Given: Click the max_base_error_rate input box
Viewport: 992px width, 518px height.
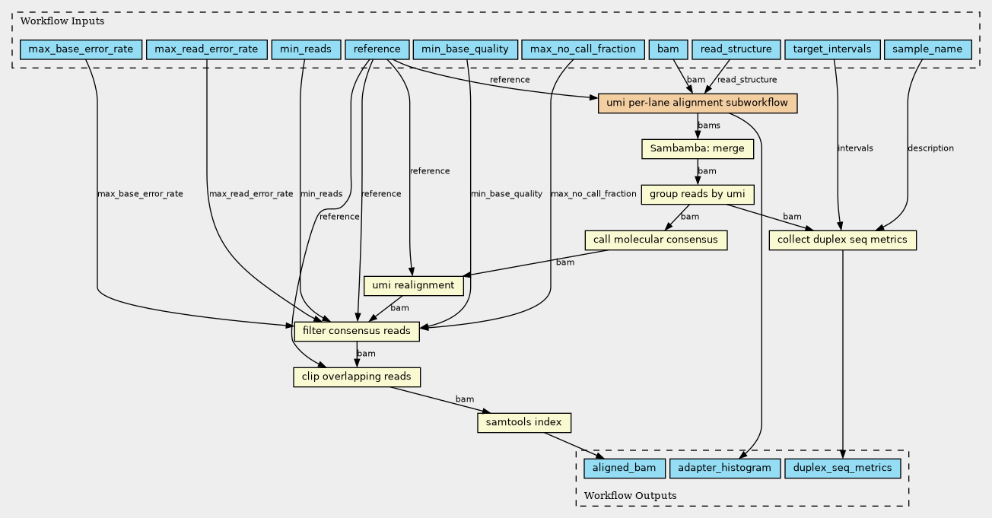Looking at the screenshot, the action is tap(81, 49).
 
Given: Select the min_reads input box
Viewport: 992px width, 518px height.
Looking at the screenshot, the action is tap(306, 49).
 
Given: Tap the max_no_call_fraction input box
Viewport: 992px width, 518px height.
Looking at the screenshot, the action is tap(583, 49).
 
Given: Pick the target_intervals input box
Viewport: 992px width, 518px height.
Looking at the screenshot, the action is tap(832, 49).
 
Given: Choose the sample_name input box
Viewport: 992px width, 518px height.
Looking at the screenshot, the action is tap(928, 49).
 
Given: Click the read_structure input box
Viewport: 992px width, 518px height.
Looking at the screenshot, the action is tap(736, 49).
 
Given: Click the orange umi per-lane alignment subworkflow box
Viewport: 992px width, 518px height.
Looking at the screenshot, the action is tap(698, 103).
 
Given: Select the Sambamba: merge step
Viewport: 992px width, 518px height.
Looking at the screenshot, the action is tap(698, 149).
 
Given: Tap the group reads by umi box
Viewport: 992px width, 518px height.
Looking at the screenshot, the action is tap(698, 195).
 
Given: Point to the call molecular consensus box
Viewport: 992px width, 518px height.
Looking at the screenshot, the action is tap(656, 240).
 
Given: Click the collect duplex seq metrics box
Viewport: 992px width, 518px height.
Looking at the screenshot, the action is tap(842, 240).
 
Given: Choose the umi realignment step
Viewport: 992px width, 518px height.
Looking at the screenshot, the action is tap(414, 285).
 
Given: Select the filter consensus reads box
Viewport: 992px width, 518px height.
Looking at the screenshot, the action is tap(357, 331).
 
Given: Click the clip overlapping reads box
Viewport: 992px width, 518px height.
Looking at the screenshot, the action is tap(357, 377).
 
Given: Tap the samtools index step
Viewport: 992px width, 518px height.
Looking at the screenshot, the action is tap(524, 422).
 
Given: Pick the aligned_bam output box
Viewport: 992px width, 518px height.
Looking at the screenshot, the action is tap(625, 468).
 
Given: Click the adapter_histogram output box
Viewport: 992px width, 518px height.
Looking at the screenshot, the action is tap(724, 468).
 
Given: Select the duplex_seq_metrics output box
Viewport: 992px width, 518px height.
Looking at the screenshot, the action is tap(842, 468).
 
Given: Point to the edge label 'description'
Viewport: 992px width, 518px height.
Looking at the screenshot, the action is tap(930, 148).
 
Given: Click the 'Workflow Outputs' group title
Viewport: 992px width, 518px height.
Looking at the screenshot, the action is tap(630, 495).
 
